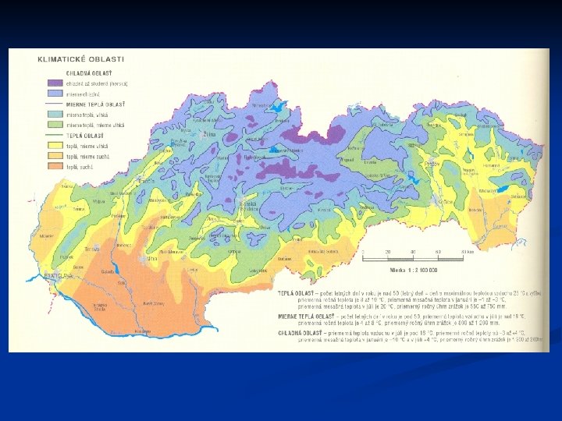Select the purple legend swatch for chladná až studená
[x=53, y=83]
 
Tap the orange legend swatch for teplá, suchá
[x=53, y=167]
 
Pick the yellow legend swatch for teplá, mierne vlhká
[x=53, y=145]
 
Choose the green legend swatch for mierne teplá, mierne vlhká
[x=53, y=124]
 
